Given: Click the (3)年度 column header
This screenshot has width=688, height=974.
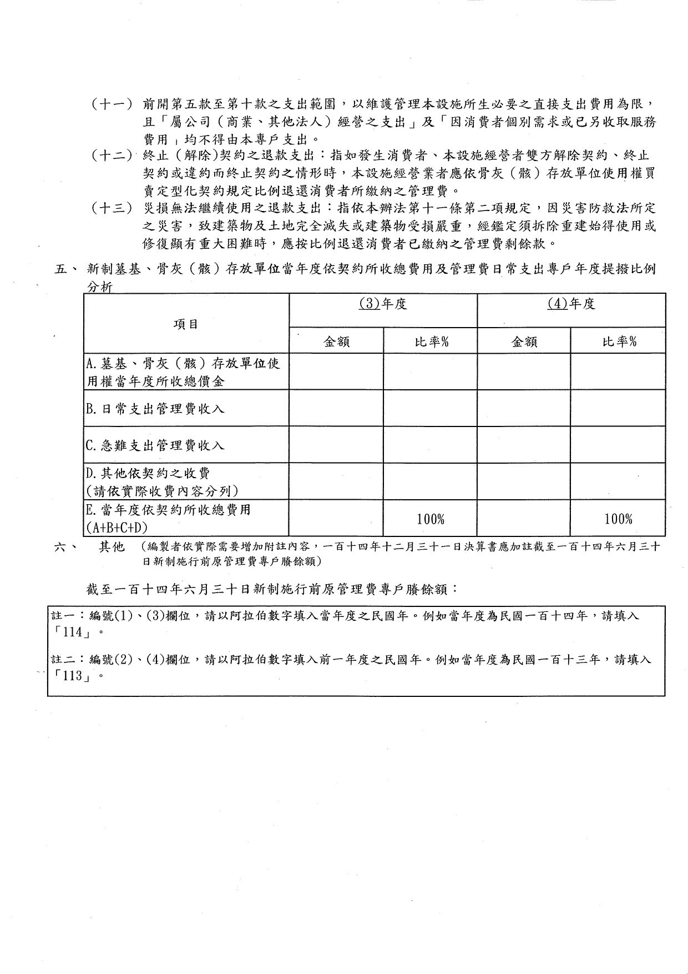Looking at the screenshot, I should (x=383, y=304).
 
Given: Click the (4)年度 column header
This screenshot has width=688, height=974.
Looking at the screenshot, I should (x=571, y=304).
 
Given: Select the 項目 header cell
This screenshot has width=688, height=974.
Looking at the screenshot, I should (x=186, y=324).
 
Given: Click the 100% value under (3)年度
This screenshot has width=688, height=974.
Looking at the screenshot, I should (x=431, y=519).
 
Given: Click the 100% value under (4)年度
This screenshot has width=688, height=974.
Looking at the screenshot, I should (x=618, y=519).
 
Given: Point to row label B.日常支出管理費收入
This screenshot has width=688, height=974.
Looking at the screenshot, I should (x=155, y=409).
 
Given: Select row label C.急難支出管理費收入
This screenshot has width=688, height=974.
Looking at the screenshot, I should (x=155, y=445).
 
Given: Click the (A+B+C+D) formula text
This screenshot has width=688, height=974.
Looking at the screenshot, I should (x=117, y=527).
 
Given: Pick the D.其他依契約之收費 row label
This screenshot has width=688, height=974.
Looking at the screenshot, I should (x=148, y=474).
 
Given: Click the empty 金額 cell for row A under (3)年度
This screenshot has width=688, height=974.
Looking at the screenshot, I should (x=336, y=372).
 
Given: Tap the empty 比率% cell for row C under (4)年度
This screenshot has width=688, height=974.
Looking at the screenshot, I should (x=618, y=445).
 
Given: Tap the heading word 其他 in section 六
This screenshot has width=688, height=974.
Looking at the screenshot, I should (x=112, y=548).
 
